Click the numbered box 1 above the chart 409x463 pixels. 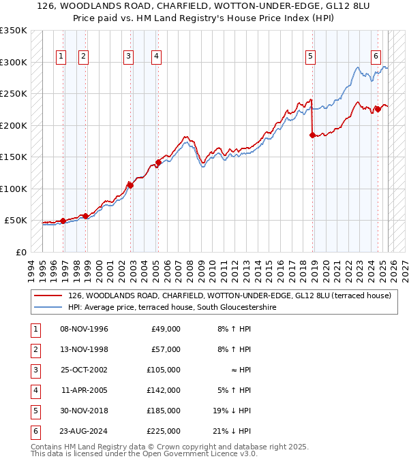pos(62,57)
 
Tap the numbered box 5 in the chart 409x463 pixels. pos(310,57)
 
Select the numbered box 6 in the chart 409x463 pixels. pos(376,57)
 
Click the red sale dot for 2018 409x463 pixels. pos(312,135)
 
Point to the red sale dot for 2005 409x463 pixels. pos(158,162)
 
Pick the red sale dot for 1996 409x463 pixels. pos(63,221)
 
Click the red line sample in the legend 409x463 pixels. pos(48,296)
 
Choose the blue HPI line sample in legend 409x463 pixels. pos(48,307)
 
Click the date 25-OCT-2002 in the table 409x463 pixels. pos(84,370)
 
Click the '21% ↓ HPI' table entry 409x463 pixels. pos(234,431)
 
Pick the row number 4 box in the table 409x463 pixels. pos(33,390)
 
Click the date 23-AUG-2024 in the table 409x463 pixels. pos(85,431)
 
